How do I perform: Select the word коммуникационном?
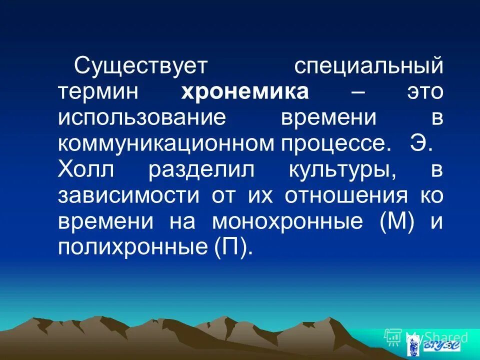click(x=165, y=144)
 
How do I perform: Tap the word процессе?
click(x=333, y=144)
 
